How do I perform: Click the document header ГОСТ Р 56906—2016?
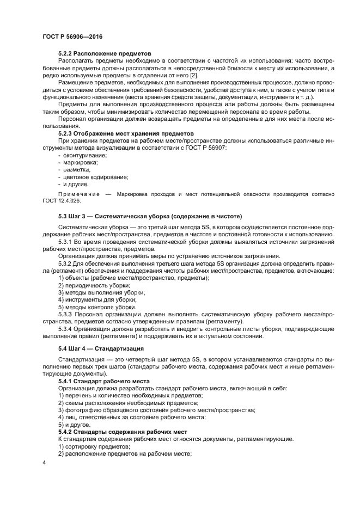tap(72, 36)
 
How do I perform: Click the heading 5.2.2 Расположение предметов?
tap(101, 54)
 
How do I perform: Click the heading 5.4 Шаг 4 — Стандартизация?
tap(101, 348)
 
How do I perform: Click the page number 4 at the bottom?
tap(44, 463)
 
